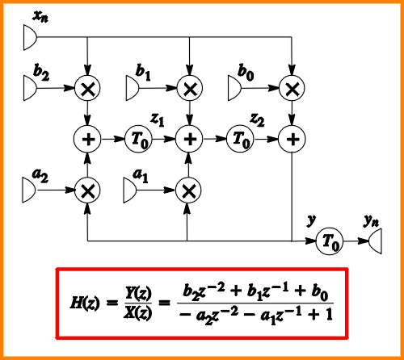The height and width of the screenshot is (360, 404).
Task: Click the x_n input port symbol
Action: tap(30, 37)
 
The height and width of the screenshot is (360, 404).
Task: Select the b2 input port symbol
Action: tap(30, 88)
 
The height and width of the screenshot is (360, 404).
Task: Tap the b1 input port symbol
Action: tap(133, 88)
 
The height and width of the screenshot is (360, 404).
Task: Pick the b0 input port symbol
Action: tap(234, 88)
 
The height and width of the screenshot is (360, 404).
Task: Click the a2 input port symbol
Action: tap(29, 190)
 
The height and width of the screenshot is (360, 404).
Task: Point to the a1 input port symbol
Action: tap(130, 190)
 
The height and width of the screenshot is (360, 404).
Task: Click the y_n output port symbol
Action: tap(375, 241)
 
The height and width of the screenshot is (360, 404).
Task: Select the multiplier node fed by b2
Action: tap(87, 88)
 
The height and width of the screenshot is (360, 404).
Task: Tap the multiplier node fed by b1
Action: tap(190, 88)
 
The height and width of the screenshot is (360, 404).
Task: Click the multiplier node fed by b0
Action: tap(292, 88)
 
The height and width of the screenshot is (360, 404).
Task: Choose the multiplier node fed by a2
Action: tap(87, 190)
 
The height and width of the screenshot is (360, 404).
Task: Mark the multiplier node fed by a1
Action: tap(188, 190)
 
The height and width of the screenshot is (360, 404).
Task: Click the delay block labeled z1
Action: tap(138, 139)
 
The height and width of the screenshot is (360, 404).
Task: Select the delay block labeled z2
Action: tap(240, 139)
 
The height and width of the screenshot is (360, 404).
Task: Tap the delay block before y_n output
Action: tap(329, 241)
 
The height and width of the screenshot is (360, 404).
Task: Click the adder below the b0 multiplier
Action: tap(292, 139)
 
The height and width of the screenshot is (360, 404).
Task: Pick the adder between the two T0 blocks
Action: tap(189, 139)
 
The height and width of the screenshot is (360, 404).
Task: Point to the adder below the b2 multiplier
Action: tap(87, 139)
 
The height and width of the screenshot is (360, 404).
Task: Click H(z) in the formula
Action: tap(85, 303)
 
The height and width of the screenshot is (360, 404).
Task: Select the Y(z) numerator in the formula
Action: tap(138, 294)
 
